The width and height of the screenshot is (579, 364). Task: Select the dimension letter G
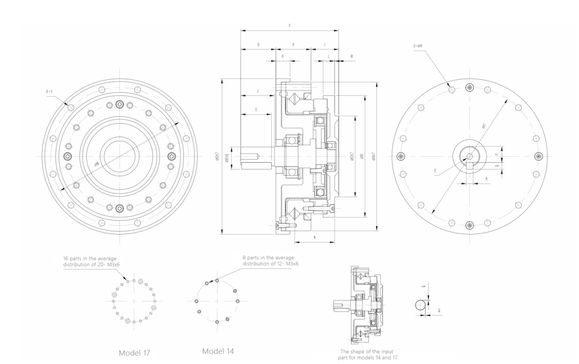point(258,44)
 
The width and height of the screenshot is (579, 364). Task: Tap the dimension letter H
point(293,44)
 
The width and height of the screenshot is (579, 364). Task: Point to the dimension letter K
point(283,56)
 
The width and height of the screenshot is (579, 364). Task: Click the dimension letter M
point(351,56)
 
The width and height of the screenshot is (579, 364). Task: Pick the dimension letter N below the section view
point(314,238)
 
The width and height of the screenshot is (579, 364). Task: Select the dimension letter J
point(258,91)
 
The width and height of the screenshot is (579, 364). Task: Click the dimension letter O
point(255,110)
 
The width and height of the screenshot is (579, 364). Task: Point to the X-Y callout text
point(50,90)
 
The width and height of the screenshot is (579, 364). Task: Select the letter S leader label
point(435,170)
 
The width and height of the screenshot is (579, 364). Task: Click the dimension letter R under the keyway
point(472,179)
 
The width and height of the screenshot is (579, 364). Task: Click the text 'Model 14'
point(218,350)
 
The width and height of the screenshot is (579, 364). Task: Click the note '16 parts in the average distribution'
point(91,261)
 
